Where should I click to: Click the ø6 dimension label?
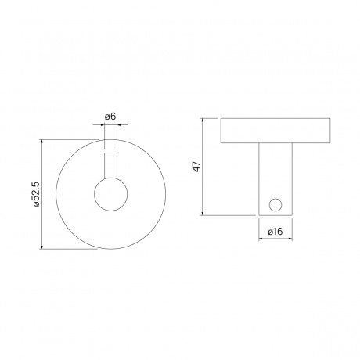[x=110, y=117]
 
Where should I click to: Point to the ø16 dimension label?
[x=274, y=232]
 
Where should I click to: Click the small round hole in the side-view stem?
[x=274, y=204]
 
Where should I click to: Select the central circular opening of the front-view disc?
[x=110, y=196]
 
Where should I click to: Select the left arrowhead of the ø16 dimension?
[x=261, y=241]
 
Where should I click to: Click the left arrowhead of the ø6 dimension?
[x=104, y=127]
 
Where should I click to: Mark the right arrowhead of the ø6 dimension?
[x=117, y=127]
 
